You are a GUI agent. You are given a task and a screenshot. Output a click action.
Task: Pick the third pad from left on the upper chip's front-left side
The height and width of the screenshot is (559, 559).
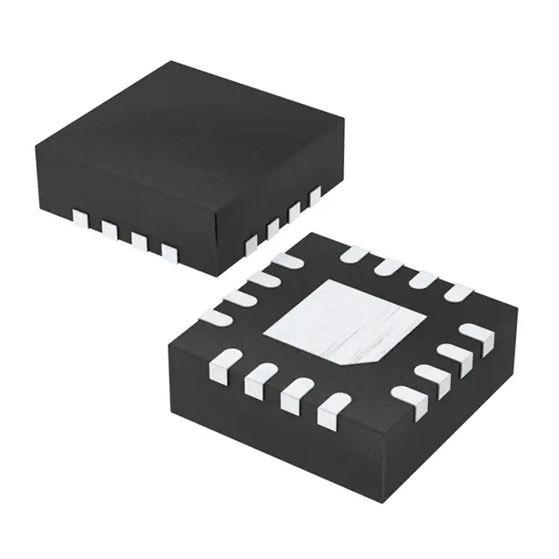(139, 240)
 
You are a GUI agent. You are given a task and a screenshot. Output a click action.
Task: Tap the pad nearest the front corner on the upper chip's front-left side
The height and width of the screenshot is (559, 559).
(169, 252)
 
